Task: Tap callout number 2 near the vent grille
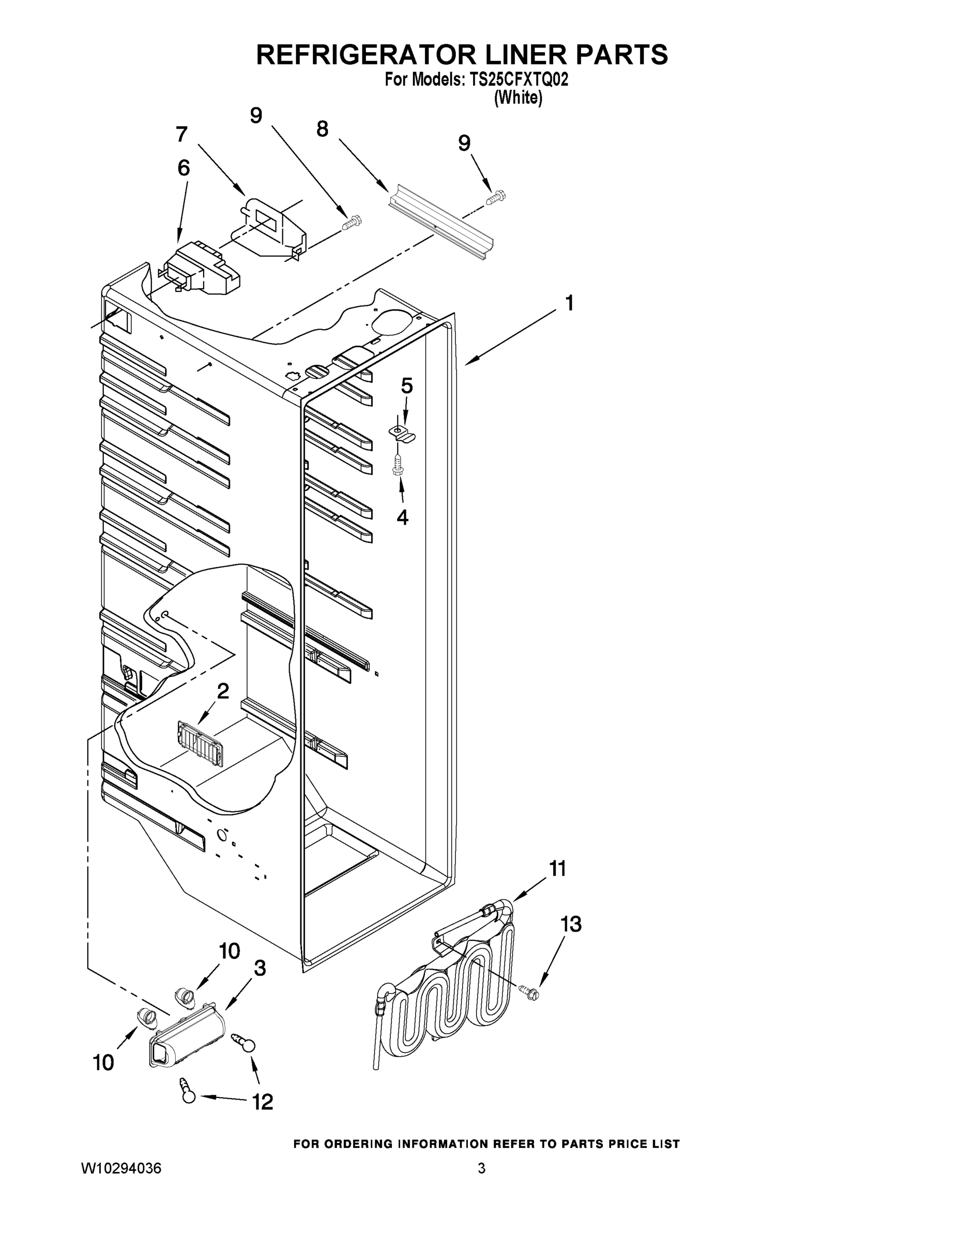coord(223,691)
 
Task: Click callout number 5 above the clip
coord(407,386)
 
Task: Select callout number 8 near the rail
coord(323,130)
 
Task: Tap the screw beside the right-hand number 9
coord(496,197)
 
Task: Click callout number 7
coord(181,135)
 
